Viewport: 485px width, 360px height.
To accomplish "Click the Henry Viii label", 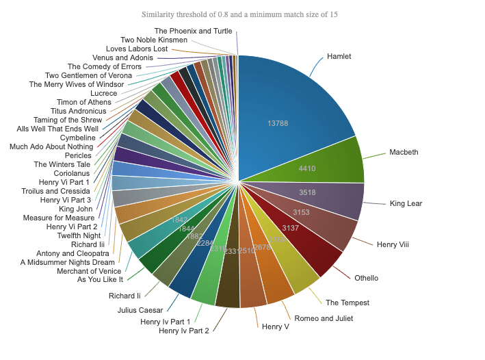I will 393,244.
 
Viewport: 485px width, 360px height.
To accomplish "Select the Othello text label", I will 367,278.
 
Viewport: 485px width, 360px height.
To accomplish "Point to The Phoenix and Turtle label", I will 193,31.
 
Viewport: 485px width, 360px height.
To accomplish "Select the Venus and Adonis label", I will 122,58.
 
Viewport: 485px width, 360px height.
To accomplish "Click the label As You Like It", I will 100,279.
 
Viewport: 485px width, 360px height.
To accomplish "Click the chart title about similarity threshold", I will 239,14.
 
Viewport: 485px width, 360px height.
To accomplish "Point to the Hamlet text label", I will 339,56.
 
